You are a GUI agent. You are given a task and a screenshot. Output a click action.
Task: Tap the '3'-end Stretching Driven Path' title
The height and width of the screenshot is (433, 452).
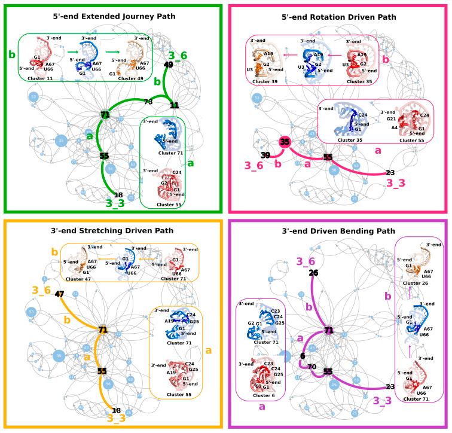[x=113, y=230]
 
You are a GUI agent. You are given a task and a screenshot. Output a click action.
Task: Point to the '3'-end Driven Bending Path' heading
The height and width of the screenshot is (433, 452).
[x=338, y=230]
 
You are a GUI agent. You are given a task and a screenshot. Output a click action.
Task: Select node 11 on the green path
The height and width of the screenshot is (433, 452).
[x=175, y=105]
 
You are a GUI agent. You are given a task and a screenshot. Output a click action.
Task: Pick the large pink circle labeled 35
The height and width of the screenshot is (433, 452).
[x=285, y=142]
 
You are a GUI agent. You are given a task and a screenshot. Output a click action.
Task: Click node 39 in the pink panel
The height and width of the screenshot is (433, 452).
[x=265, y=155]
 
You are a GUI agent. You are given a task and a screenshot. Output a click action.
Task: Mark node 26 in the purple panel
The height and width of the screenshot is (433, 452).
[x=313, y=273]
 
